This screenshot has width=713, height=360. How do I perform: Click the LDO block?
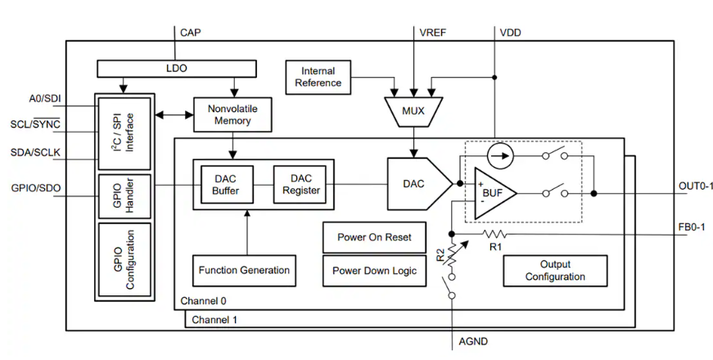point(177,67)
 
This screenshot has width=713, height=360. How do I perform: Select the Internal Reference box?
point(318,77)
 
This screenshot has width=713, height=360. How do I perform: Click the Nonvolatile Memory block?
point(233,115)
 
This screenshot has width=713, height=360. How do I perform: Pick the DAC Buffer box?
point(225,185)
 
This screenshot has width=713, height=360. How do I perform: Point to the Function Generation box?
point(244,270)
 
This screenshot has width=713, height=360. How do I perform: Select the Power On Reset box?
point(374,237)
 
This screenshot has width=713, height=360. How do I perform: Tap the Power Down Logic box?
point(374,271)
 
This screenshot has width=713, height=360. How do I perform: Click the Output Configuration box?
point(555,271)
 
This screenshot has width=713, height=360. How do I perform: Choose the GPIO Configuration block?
point(124,260)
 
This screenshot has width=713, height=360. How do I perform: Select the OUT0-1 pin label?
point(696,186)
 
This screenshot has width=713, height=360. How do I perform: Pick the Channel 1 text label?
point(214,320)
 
